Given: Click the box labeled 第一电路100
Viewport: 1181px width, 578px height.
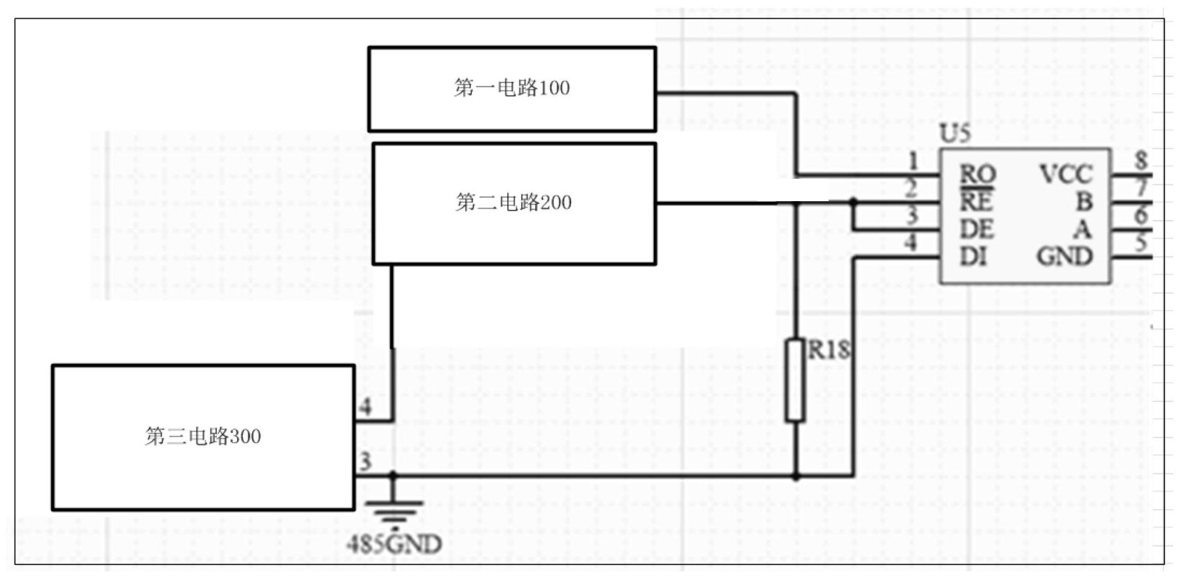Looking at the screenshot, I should pyautogui.click(x=511, y=89).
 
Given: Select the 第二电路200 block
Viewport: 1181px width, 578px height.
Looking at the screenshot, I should pyautogui.click(x=514, y=204).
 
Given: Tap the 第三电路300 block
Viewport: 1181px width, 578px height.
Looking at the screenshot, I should pyautogui.click(x=203, y=437).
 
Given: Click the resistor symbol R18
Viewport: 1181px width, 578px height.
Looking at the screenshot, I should pyautogui.click(x=795, y=380).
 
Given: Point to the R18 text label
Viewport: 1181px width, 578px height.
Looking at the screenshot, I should pyautogui.click(x=829, y=350).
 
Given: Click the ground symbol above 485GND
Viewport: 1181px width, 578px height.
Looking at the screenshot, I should pyautogui.click(x=393, y=511).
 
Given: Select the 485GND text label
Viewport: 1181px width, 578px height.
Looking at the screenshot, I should pyautogui.click(x=394, y=544).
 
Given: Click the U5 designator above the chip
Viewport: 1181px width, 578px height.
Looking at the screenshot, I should pyautogui.click(x=955, y=133).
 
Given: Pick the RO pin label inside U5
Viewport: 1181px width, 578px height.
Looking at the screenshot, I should pyautogui.click(x=977, y=175).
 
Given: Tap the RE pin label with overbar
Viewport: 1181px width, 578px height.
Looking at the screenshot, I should pyautogui.click(x=976, y=201).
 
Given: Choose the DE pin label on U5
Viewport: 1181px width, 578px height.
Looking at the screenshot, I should pyautogui.click(x=976, y=230).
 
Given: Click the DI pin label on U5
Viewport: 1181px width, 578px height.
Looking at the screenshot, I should pyautogui.click(x=973, y=257).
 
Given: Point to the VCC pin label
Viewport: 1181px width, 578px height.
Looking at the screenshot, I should pyautogui.click(x=1066, y=175).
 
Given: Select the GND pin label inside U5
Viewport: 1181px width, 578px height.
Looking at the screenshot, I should pyautogui.click(x=1064, y=257).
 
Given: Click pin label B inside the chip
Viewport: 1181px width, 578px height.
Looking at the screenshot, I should pyautogui.click(x=1084, y=202).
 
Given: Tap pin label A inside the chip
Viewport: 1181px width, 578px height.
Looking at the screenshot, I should pyautogui.click(x=1082, y=230).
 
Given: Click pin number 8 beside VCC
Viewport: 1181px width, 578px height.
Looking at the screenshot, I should pyautogui.click(x=1141, y=160).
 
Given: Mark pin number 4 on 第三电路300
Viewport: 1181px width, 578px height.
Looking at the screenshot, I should pyautogui.click(x=365, y=406).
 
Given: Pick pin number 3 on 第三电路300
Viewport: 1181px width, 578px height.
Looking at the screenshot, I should pyautogui.click(x=365, y=462).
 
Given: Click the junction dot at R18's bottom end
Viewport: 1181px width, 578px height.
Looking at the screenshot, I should pyautogui.click(x=795, y=477).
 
